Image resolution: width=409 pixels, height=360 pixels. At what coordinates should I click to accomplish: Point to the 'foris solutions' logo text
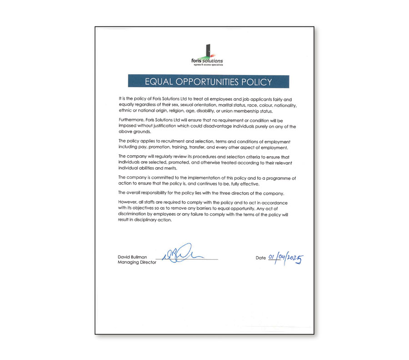point(207,61)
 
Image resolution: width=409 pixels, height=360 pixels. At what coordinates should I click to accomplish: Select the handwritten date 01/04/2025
point(285,259)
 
